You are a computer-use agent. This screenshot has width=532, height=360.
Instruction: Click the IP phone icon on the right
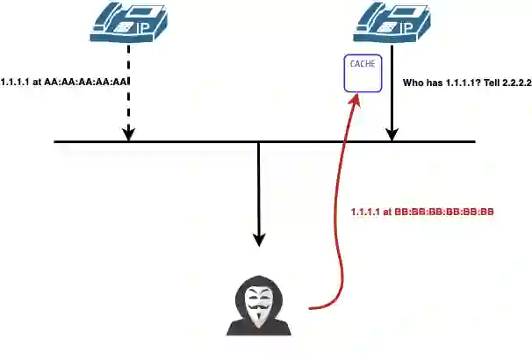pyautogui.click(x=392, y=24)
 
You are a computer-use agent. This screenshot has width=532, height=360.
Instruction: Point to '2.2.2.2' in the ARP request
pyautogui.click(x=513, y=83)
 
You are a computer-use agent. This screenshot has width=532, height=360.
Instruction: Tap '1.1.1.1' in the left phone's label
pyautogui.click(x=21, y=83)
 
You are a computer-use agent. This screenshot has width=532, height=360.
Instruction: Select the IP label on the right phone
pyautogui.click(x=406, y=28)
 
